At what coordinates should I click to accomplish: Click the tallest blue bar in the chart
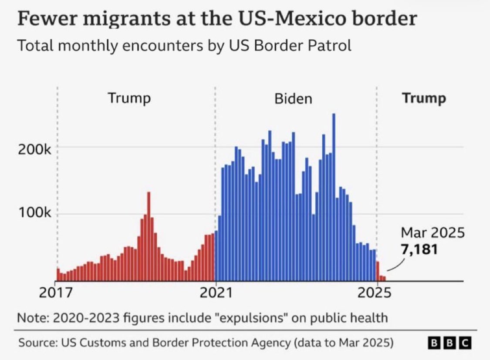(334, 196)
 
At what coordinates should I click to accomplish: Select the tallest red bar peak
(149, 235)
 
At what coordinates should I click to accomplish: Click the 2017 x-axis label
(56, 293)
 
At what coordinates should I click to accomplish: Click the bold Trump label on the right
(424, 98)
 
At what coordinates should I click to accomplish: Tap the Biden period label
(293, 98)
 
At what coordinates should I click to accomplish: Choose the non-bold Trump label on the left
(129, 98)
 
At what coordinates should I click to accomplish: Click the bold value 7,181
(419, 249)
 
